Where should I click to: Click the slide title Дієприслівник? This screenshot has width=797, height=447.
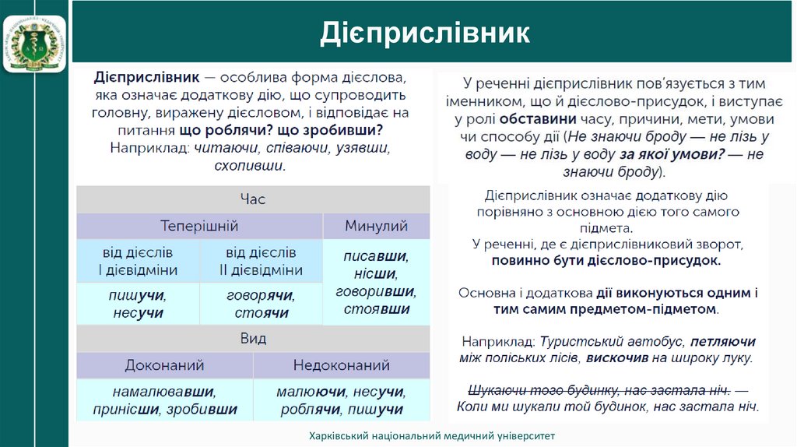pyautogui.click(x=425, y=33)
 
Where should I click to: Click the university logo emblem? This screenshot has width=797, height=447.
pyautogui.click(x=35, y=37)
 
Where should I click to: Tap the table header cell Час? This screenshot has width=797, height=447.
pyautogui.click(x=253, y=199)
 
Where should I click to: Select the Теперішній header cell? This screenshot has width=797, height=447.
pyautogui.click(x=199, y=227)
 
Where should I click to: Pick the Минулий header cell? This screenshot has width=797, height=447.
pyautogui.click(x=376, y=227)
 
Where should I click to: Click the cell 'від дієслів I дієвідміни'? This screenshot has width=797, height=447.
pyautogui.click(x=138, y=262)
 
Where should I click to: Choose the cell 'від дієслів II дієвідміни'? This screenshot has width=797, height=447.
pyautogui.click(x=261, y=262)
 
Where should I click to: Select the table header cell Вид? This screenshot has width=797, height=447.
pyautogui.click(x=253, y=339)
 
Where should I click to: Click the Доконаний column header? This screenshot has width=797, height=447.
pyautogui.click(x=164, y=365)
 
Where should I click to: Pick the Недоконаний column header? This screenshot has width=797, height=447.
pyautogui.click(x=341, y=365)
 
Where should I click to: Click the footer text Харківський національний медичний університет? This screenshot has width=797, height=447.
pyautogui.click(x=431, y=436)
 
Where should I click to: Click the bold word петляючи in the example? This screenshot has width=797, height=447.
pyautogui.click(x=722, y=342)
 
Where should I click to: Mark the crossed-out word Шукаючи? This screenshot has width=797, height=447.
pyautogui.click(x=494, y=391)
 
